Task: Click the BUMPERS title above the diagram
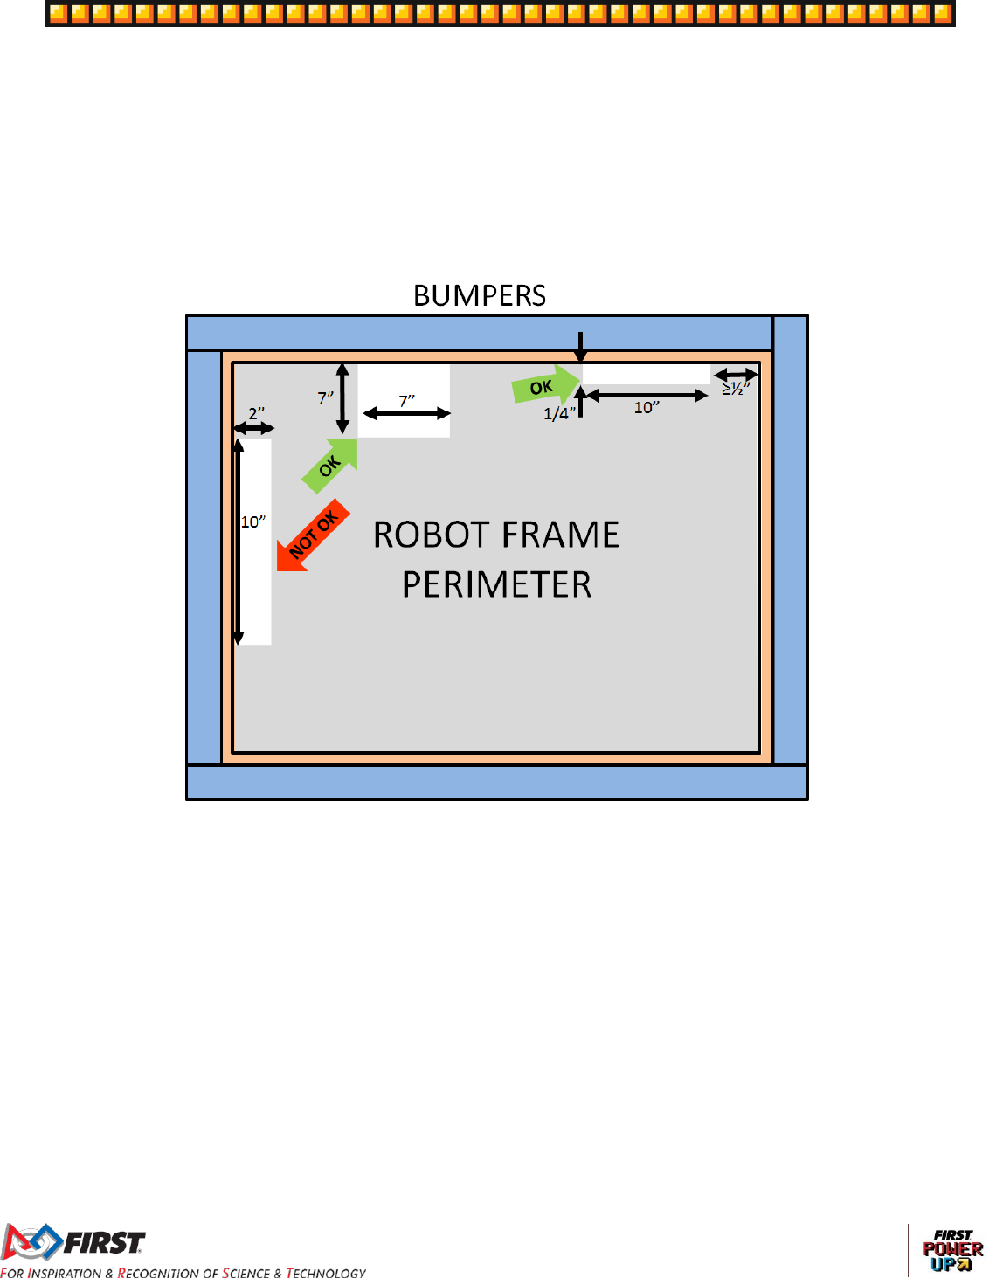point(480,295)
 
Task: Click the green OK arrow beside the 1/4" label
point(544,386)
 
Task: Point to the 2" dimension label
point(256,413)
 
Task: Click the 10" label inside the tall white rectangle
point(252,522)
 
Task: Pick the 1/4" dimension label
point(559,414)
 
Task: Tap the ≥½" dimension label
point(736,389)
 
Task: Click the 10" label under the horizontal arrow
point(647,408)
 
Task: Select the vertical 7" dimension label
point(325,398)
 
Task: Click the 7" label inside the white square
point(407,401)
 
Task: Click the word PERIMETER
point(496,584)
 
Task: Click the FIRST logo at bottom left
point(74,1242)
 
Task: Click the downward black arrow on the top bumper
point(580,347)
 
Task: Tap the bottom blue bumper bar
point(496,782)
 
